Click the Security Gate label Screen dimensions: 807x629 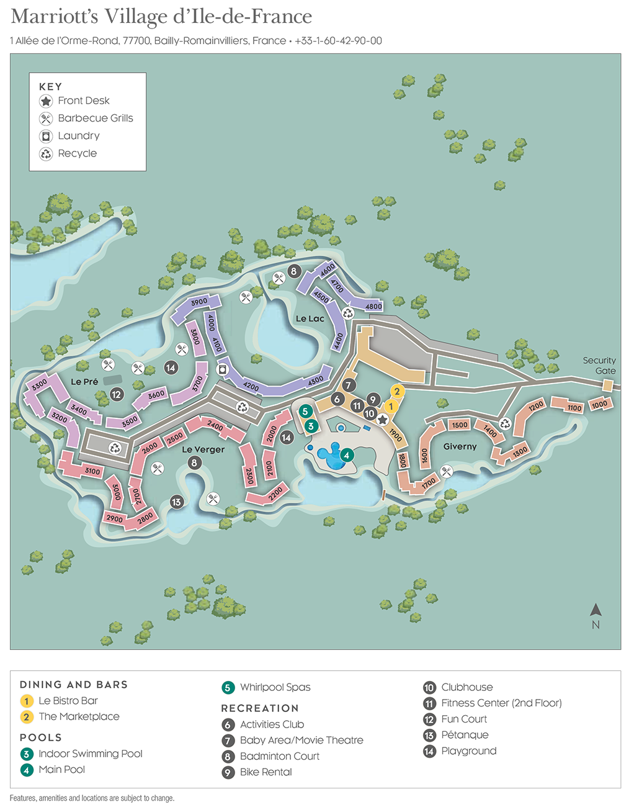click(599, 366)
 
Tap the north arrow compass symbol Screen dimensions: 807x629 click(596, 610)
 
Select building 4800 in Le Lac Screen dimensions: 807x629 click(373, 307)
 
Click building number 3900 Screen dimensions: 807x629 click(199, 302)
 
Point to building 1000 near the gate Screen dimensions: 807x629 click(599, 405)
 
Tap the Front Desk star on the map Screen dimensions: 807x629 click(383, 420)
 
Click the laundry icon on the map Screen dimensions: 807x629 click(221, 369)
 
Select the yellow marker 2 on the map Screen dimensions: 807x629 click(397, 391)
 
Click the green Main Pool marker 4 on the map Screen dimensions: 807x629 click(347, 455)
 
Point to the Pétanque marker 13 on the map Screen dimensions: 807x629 click(177, 502)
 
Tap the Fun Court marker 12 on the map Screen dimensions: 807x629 click(117, 394)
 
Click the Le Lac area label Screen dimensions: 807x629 click(310, 318)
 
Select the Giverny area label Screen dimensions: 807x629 click(460, 446)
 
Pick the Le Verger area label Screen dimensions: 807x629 click(203, 449)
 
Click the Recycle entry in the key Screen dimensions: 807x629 click(77, 153)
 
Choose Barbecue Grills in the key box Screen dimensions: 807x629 click(95, 118)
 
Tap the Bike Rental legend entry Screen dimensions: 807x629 click(265, 772)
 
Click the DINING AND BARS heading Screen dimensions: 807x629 click(74, 685)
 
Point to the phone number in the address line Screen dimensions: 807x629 click(338, 41)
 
